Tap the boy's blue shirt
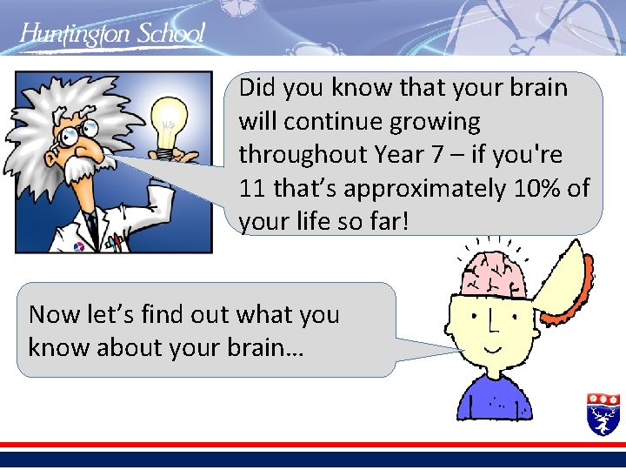coord(496,400)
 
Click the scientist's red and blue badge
coord(79,245)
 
